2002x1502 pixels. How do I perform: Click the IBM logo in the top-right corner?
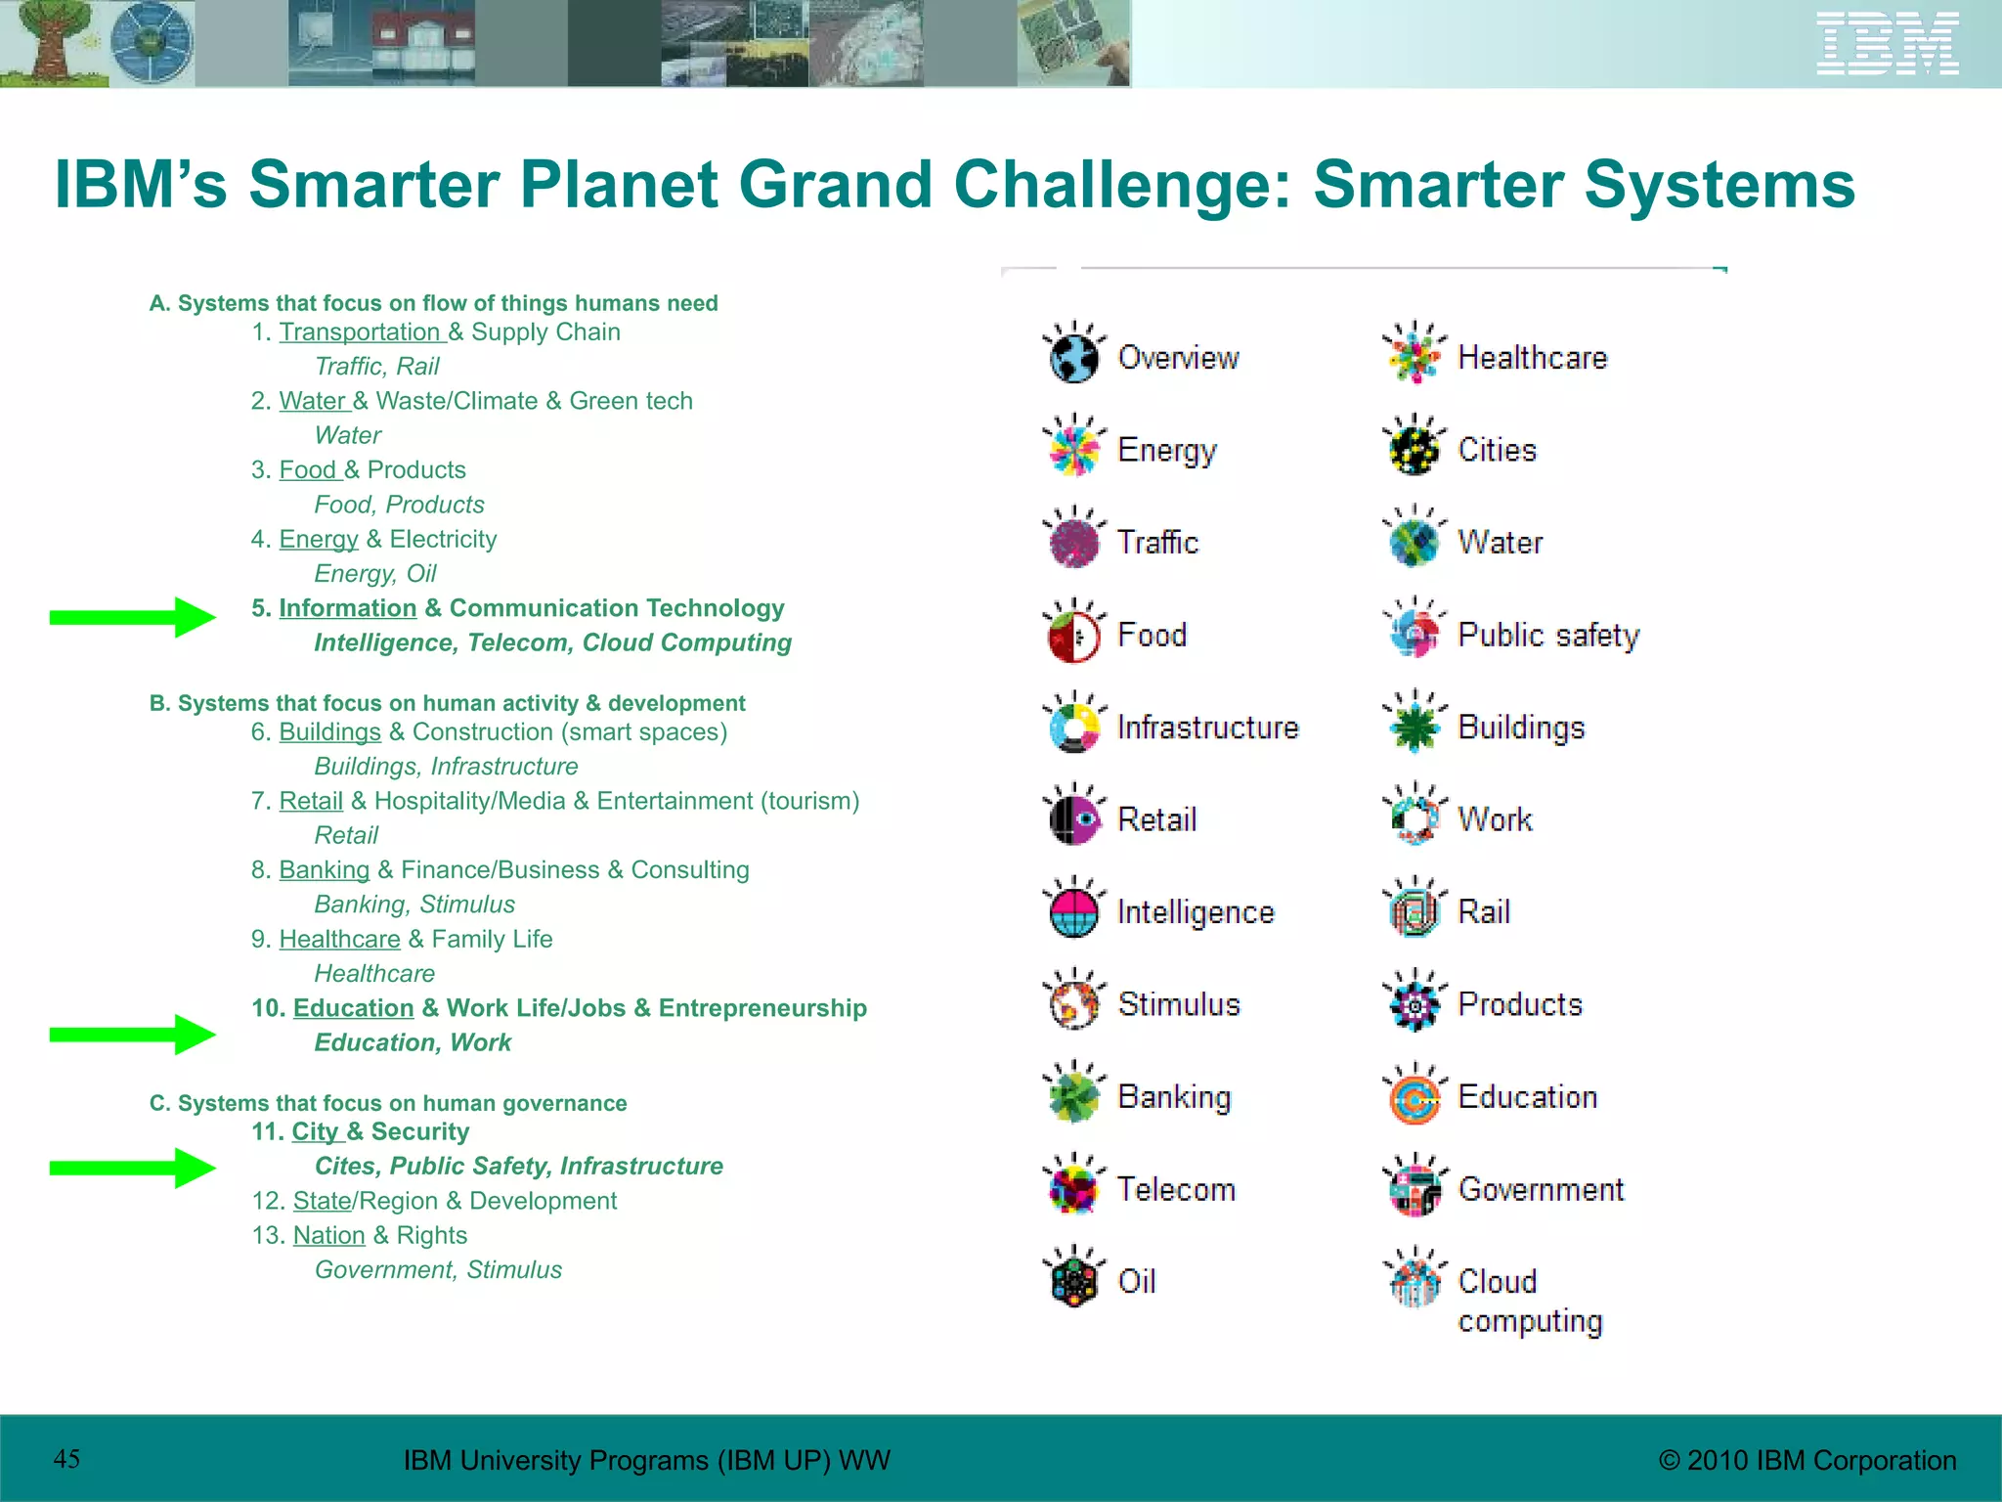1887,43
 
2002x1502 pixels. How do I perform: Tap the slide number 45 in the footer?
66,1458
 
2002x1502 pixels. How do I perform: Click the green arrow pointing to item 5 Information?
133,617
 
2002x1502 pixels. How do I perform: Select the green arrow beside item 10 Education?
133,1035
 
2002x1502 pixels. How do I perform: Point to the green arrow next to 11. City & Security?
133,1168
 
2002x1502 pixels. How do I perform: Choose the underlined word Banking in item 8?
324,870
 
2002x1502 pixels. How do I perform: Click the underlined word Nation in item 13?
328,1236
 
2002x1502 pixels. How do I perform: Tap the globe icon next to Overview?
1073,356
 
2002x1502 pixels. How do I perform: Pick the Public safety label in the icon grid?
1547,635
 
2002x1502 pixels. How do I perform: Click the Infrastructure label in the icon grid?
1207,728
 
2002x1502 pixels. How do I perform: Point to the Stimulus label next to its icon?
1179,1004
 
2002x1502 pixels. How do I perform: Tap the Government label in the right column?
1541,1189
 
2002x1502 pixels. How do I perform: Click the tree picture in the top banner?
49,43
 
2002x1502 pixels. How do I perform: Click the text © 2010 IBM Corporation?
1807,1460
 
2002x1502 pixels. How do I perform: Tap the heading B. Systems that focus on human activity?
447,703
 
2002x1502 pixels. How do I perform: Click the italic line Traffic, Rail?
376,367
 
